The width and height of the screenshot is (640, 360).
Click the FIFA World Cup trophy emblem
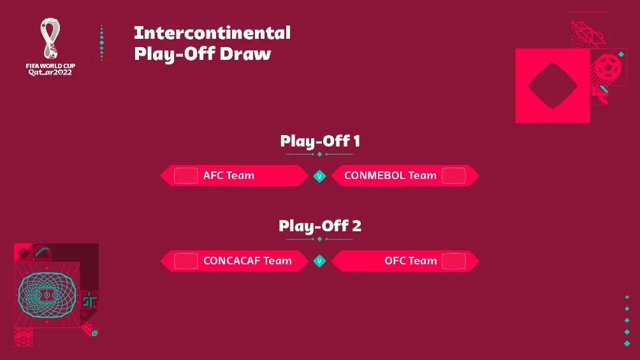(x=49, y=38)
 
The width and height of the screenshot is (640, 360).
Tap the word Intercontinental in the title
(x=212, y=32)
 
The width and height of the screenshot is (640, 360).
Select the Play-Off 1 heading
(x=320, y=140)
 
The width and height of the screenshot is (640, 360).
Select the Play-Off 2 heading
(x=320, y=226)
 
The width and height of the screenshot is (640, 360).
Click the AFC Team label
(x=228, y=175)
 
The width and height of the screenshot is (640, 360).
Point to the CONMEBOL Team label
(x=390, y=175)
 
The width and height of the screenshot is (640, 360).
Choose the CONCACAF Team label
(x=247, y=261)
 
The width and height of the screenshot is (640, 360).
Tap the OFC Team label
(x=411, y=261)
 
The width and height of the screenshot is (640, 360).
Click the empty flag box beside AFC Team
(x=185, y=175)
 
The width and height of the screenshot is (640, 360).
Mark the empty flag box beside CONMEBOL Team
(x=454, y=175)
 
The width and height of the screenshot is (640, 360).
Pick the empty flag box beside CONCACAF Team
(x=185, y=261)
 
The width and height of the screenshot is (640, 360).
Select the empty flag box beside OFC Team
(x=454, y=261)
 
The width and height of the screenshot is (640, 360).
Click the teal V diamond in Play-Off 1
(x=320, y=176)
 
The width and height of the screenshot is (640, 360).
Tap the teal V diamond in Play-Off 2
(x=320, y=261)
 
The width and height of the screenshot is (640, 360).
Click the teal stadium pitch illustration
(x=47, y=296)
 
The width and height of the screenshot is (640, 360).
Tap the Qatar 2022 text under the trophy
(x=50, y=72)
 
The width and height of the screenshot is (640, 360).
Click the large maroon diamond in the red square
(x=553, y=85)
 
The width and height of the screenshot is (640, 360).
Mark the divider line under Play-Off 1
(x=320, y=154)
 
